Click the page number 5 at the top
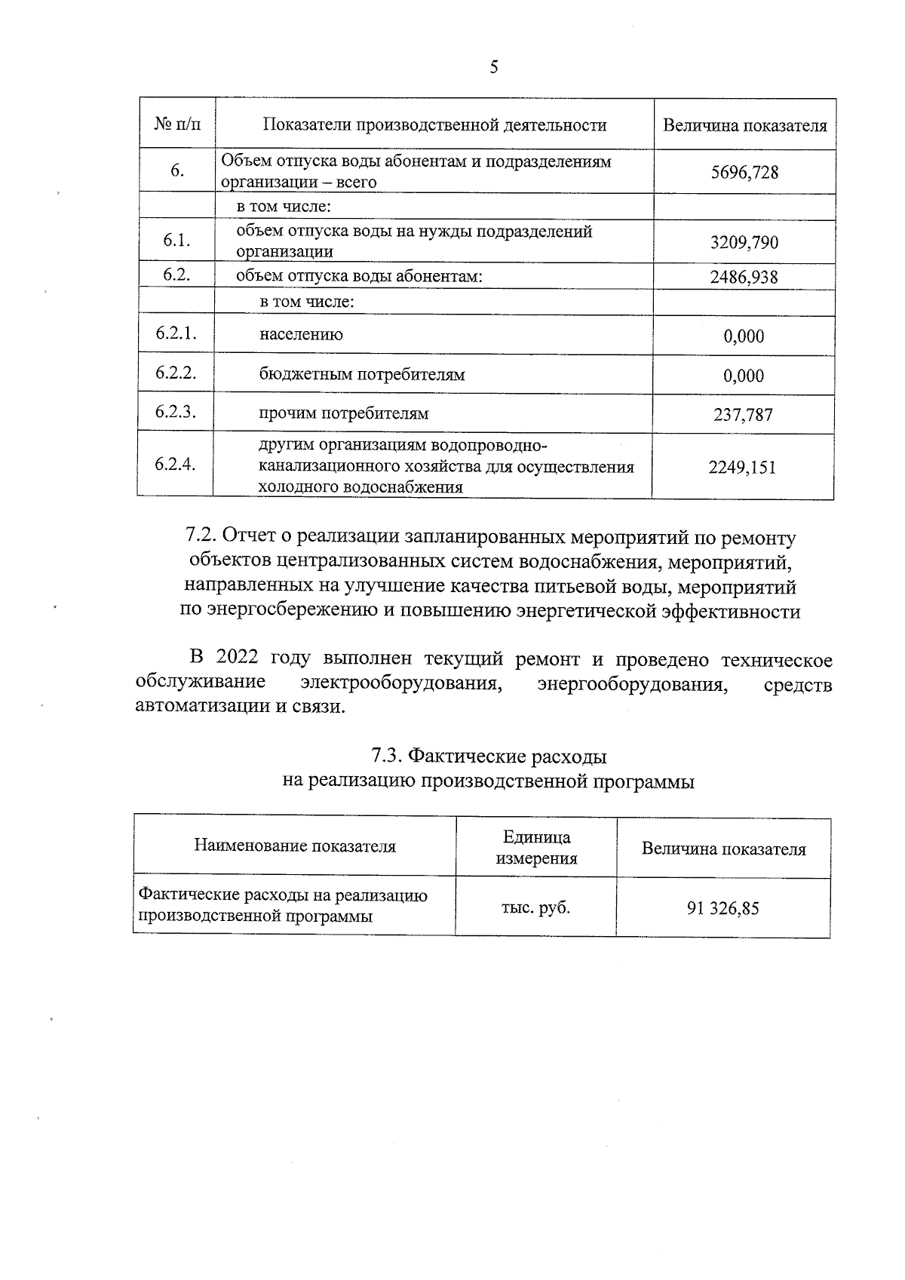[494, 68]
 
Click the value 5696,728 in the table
[744, 173]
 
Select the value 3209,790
[744, 243]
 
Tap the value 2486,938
[744, 277]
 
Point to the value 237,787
[744, 415]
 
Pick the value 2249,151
[742, 468]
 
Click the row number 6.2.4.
[175, 464]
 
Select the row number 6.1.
[176, 241]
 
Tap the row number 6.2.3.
[176, 412]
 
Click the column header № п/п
[178, 124]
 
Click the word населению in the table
[301, 335]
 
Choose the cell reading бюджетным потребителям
[362, 375]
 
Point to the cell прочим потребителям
[344, 414]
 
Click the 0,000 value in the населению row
[744, 336]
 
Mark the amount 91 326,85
[722, 908]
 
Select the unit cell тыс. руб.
[535, 907]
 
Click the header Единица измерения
[536, 847]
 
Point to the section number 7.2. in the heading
[201, 538]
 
